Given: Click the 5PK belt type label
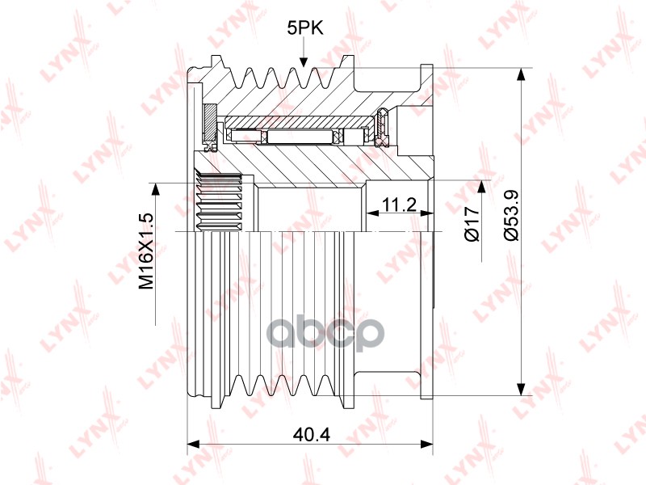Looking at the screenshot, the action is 305,28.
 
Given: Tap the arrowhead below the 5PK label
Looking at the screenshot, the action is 304,61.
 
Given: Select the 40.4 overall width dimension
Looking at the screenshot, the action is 311,434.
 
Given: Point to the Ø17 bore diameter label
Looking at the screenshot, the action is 472,223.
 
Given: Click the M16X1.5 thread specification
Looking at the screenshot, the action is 145,251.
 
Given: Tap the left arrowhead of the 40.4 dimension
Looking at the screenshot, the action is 193,444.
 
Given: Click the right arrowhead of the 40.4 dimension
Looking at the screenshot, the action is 427,444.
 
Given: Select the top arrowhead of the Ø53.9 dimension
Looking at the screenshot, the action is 521,74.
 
